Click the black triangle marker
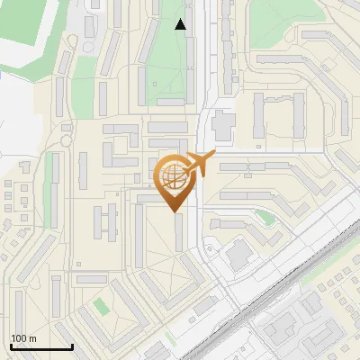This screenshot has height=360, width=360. tap(181, 24)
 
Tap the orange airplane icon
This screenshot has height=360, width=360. tap(199, 164)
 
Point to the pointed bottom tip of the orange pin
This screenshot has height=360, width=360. tap(174, 211)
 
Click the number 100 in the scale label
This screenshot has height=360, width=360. tap(19, 338)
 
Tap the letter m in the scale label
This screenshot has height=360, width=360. tap(33, 338)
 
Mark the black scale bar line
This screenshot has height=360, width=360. tap(41, 346)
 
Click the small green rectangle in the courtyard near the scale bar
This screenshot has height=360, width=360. tap(101, 307)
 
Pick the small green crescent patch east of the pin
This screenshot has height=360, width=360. tap(264, 216)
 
